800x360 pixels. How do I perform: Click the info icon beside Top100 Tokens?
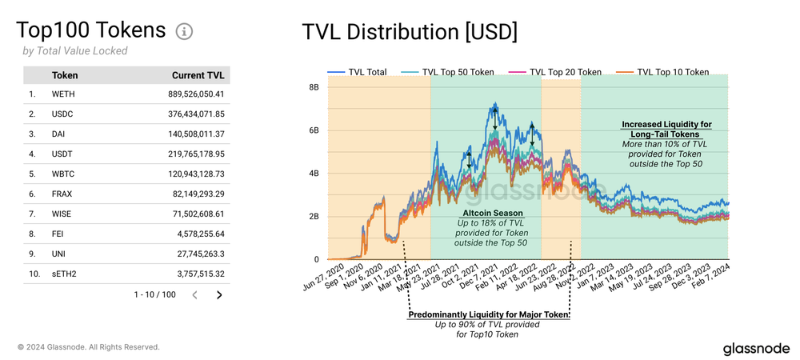point(184,31)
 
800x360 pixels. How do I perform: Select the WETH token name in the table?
point(63,94)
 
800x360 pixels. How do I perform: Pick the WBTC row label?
point(65,174)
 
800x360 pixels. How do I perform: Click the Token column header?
point(65,75)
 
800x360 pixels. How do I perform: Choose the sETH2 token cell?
point(65,274)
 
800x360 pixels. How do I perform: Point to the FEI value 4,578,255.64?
point(195,234)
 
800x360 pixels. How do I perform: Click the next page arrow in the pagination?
point(219,295)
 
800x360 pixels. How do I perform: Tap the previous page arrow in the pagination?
point(195,295)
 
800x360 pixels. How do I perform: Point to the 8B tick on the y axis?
point(314,87)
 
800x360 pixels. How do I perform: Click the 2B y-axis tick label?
point(314,217)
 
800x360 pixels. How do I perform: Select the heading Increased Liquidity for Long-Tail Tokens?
point(666,130)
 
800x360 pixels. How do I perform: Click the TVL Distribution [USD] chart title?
point(410,32)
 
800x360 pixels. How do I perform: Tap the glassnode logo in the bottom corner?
point(756,349)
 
